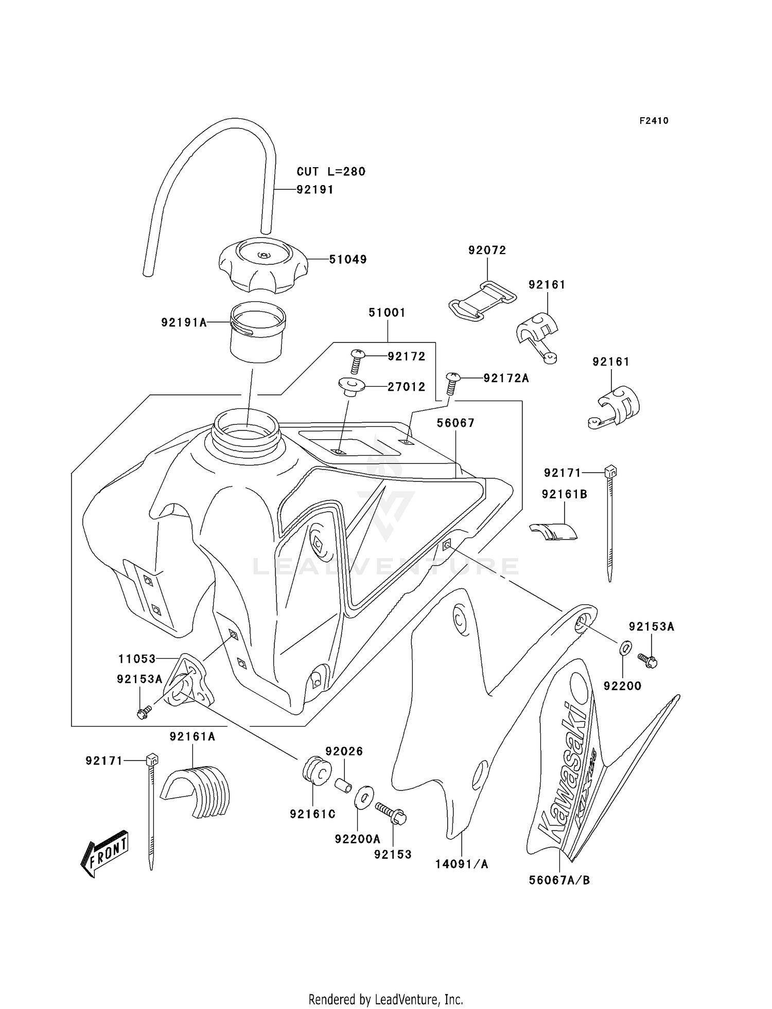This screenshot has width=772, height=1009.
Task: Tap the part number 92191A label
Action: [183, 322]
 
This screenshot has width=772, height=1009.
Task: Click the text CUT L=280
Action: [331, 171]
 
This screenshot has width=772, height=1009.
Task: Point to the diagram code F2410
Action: [654, 121]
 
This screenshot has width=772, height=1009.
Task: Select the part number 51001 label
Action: [387, 312]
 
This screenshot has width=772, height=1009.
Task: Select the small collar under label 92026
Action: [344, 786]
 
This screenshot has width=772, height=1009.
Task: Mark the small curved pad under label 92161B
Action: [554, 532]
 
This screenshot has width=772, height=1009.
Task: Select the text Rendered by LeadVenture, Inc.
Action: [385, 999]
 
